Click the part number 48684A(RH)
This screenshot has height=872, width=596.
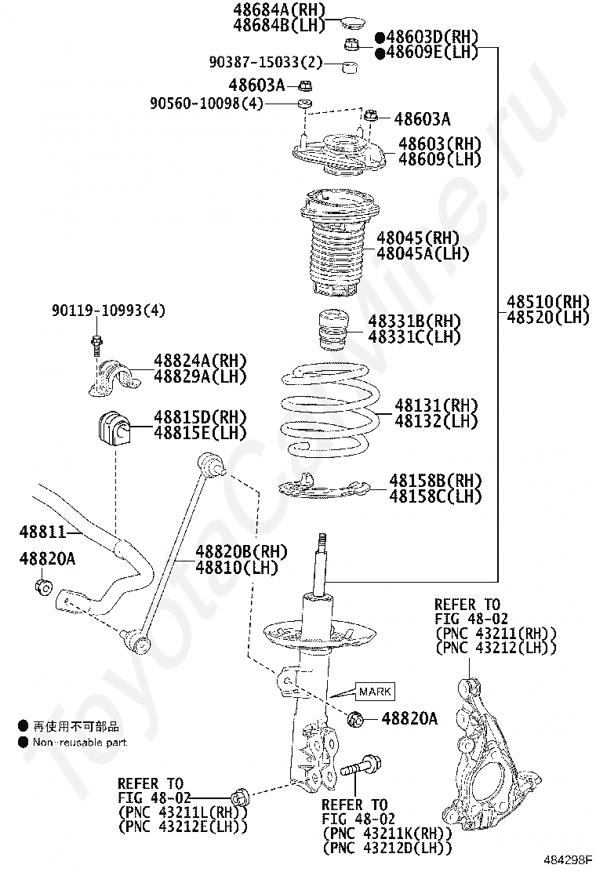[x=278, y=9]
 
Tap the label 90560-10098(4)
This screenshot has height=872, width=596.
[x=207, y=103]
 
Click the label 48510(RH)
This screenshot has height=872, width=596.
[x=547, y=301]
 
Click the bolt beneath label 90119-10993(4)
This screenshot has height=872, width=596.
[x=96, y=344]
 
